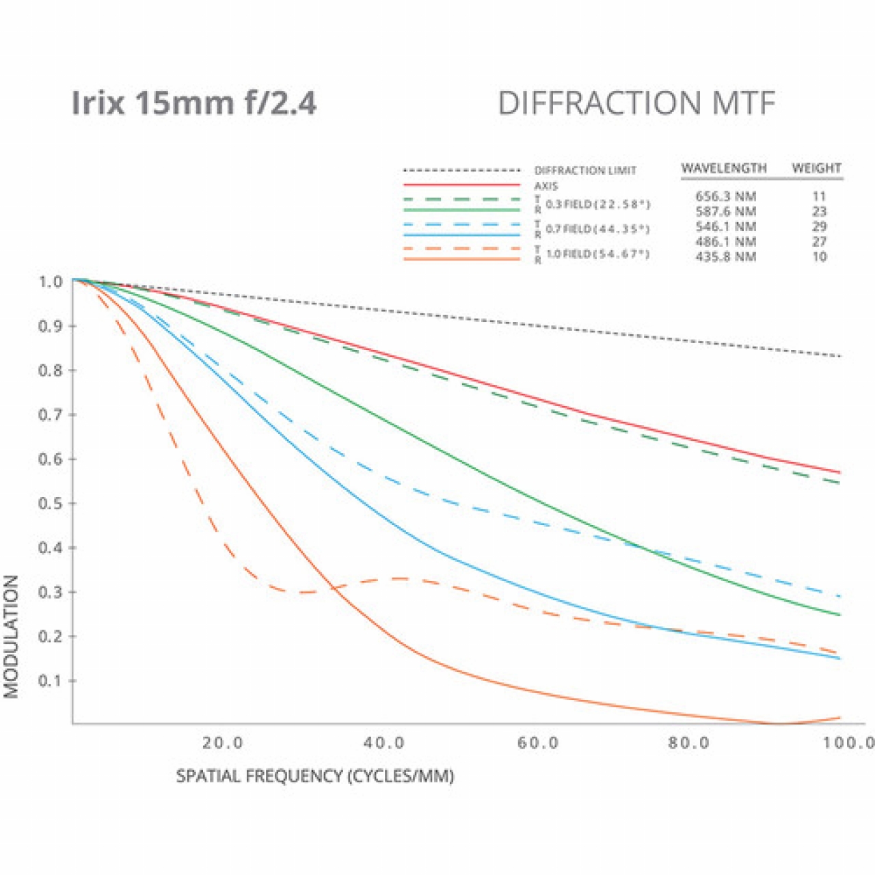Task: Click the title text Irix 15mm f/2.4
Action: click(194, 104)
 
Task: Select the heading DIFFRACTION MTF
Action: click(636, 104)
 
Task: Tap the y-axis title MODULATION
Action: click(12, 636)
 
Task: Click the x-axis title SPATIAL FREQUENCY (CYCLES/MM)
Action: click(315, 777)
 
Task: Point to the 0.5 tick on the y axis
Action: click(50, 504)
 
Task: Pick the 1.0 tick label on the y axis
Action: click(50, 282)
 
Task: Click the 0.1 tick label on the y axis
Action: click(50, 681)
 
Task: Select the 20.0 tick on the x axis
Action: click(223, 743)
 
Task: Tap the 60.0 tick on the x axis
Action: click(538, 743)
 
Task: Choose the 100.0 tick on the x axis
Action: click(848, 743)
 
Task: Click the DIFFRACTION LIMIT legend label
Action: click(585, 170)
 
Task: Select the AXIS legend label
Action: click(546, 186)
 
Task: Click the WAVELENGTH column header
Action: click(724, 168)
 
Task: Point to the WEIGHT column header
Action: click(816, 168)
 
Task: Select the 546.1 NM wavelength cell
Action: click(726, 227)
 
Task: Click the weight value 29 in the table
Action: click(819, 227)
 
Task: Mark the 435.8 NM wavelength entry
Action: click(726, 257)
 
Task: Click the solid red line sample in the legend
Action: click(462, 185)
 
